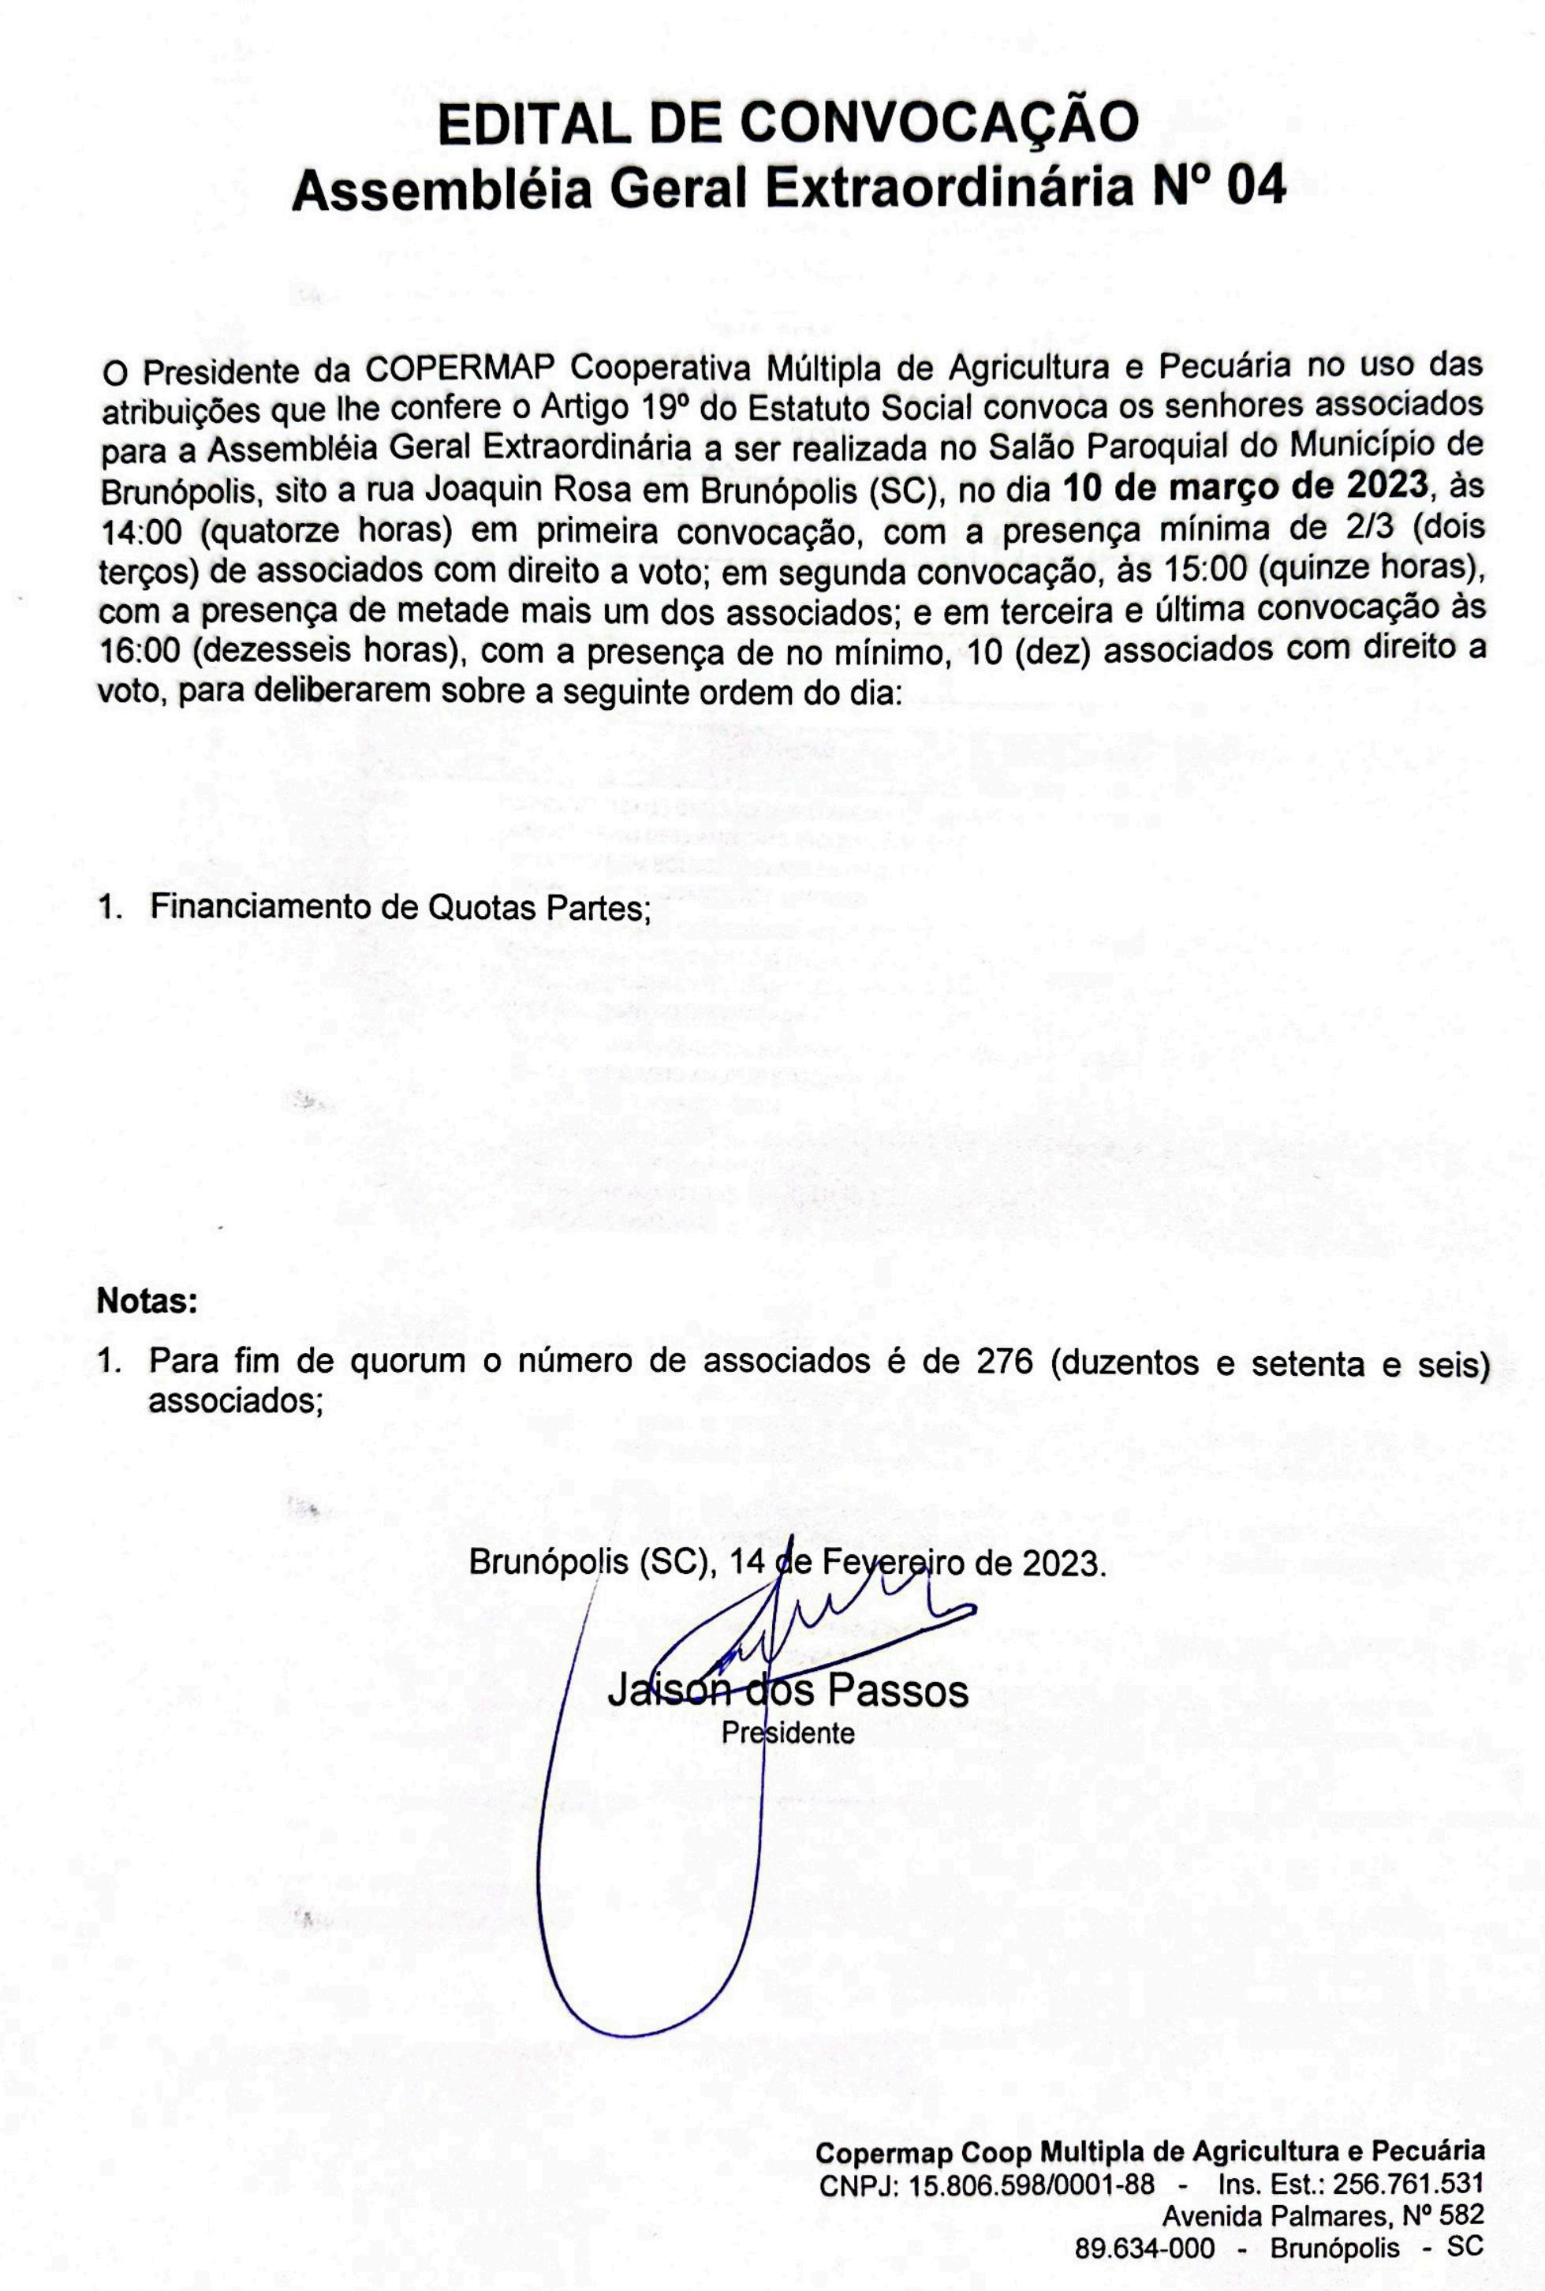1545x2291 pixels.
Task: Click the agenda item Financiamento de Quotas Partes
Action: click(400, 906)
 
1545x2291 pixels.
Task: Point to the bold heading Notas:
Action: click(147, 1302)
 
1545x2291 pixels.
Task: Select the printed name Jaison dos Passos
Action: click(787, 1690)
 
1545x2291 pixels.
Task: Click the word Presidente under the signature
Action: click(787, 1732)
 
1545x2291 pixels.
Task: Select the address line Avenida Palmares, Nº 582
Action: click(1323, 2216)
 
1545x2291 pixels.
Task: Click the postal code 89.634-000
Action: click(1145, 2248)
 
